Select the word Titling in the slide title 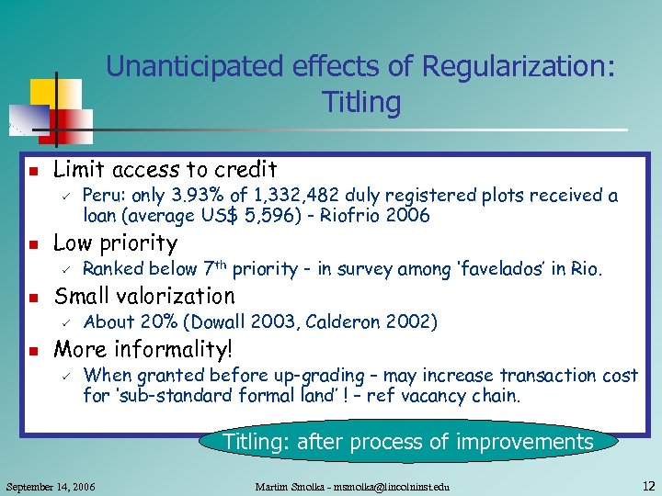click(361, 102)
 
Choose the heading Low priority click(115, 243)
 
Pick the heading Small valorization click(144, 296)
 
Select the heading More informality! click(143, 349)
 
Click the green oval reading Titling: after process click(407, 442)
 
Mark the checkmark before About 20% click(65, 321)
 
